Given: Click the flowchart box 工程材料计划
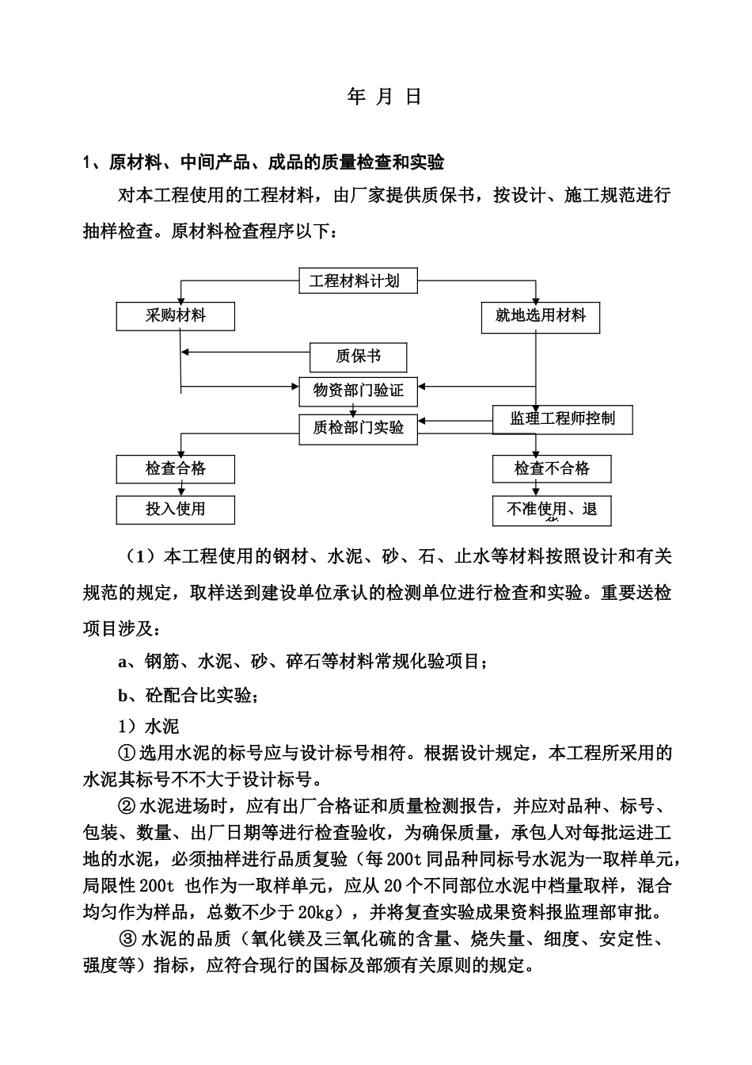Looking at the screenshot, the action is (358, 281).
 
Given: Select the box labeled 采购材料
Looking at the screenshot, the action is (176, 316).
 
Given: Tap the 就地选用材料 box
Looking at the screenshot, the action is (540, 316).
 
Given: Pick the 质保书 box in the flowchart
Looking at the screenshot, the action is (358, 357).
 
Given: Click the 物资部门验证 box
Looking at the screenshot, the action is (358, 390).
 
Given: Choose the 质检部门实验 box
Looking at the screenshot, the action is (358, 428).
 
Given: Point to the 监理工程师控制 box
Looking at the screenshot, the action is (562, 418).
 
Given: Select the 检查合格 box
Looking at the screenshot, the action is (176, 468).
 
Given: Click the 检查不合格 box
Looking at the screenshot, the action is (552, 468).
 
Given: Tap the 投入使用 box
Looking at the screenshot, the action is (176, 510).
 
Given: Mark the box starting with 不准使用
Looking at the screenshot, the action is (552, 510).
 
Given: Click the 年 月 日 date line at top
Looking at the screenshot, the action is (385, 97).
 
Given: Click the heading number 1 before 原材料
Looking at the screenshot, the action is (88, 163).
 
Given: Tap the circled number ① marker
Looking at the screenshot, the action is (127, 753).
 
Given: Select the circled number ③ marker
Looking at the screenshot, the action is (127, 939).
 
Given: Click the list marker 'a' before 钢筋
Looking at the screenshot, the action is (123, 662).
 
